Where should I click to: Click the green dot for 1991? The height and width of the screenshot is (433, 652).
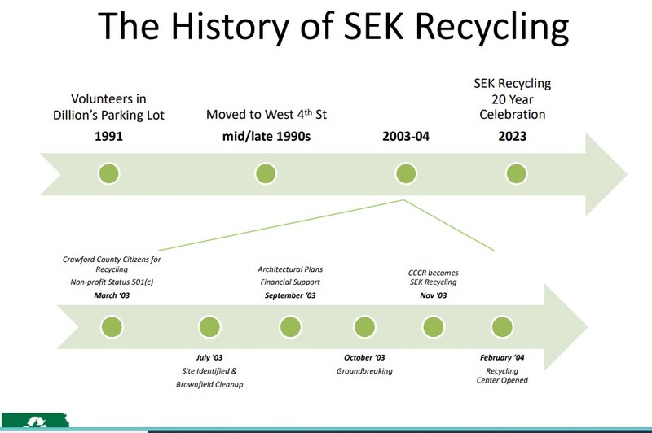(x=109, y=173)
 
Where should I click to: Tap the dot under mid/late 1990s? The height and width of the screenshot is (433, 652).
(x=266, y=173)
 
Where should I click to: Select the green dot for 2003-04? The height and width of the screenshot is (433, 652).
(x=406, y=173)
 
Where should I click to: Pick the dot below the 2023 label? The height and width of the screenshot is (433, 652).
(x=517, y=173)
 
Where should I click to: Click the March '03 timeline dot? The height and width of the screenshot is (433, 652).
(x=112, y=327)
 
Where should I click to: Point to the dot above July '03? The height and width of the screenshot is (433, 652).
(x=209, y=327)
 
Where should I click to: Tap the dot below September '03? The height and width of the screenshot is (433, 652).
(x=290, y=327)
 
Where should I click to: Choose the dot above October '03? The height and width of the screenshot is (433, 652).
(x=364, y=327)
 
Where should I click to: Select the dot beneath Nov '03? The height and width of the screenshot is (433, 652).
(x=434, y=327)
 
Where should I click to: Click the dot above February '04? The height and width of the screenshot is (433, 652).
(x=502, y=327)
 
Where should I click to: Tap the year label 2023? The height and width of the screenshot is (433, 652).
(x=513, y=136)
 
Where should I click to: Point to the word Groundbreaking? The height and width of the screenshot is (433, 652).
(x=364, y=371)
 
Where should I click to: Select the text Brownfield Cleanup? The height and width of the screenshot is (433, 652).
(x=209, y=384)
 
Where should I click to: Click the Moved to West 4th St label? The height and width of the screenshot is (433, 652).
(x=267, y=114)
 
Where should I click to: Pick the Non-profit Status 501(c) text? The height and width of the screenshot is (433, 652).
(x=112, y=282)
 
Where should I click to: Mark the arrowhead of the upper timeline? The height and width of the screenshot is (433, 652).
(x=628, y=174)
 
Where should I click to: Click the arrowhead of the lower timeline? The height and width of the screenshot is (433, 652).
(x=588, y=326)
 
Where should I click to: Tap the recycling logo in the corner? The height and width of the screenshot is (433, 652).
(x=35, y=421)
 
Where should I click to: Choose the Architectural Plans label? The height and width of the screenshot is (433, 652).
(x=290, y=269)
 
